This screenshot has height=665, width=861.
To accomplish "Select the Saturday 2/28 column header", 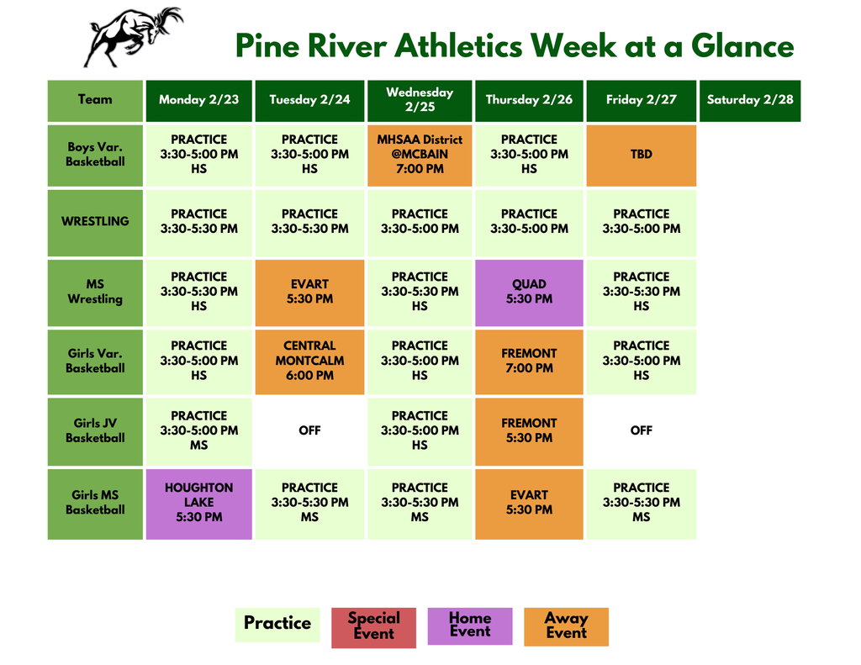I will (749, 100).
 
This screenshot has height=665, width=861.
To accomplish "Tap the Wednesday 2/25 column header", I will (419, 100).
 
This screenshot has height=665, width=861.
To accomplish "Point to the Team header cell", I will (95, 100).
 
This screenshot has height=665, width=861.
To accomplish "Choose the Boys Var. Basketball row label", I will (95, 155).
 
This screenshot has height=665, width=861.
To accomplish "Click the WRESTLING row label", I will (95, 222).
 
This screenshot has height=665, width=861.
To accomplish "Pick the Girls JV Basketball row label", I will (95, 430).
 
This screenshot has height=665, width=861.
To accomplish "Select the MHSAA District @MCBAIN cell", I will (419, 155).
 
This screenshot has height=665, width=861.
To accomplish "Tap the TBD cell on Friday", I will (641, 155).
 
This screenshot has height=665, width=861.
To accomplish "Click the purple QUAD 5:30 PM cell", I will (529, 292).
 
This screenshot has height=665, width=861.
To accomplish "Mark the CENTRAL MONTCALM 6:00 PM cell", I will (309, 361).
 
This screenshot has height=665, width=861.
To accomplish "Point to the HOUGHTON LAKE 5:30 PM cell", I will (198, 503).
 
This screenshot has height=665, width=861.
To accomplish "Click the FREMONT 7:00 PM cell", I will (529, 361).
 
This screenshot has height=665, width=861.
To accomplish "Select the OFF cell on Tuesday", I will (309, 430).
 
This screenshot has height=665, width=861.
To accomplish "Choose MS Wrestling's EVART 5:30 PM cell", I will (309, 292).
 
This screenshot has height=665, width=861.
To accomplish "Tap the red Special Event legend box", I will (373, 626).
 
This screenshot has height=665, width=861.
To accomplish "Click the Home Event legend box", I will (469, 625).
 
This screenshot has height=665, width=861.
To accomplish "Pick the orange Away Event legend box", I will (566, 626).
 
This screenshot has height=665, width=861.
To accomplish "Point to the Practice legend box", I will (277, 624).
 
